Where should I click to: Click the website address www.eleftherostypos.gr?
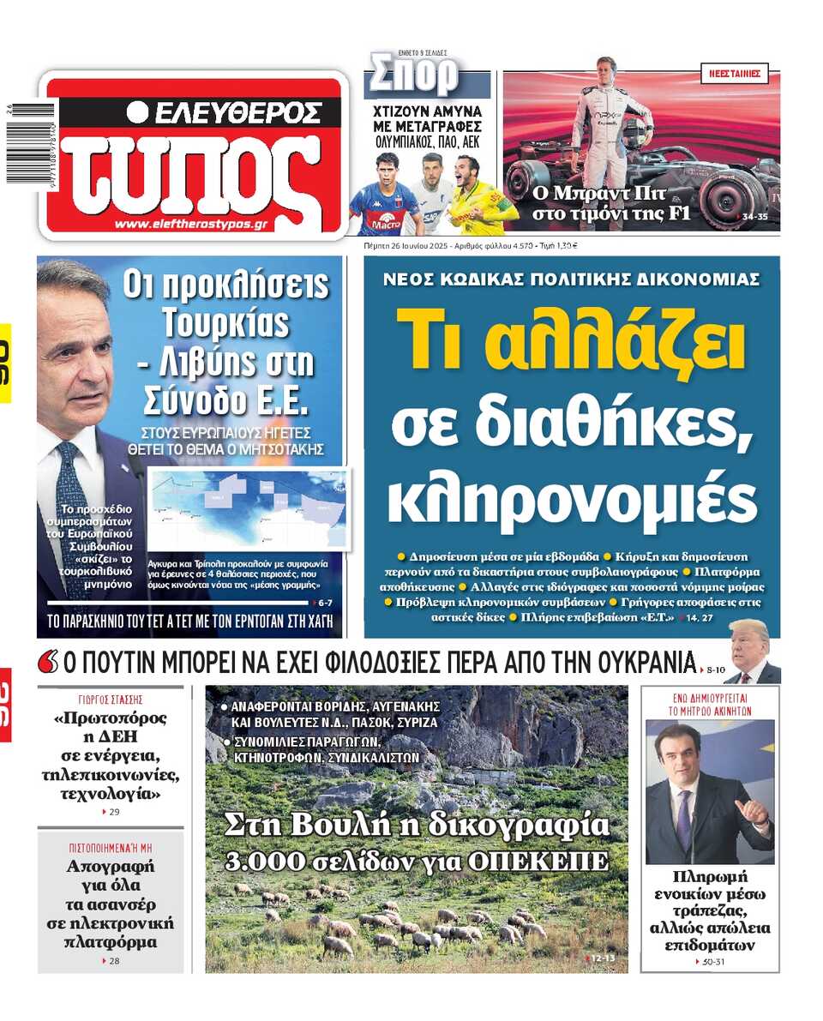click(x=191, y=225)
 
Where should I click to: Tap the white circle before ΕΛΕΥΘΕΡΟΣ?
click(x=138, y=111)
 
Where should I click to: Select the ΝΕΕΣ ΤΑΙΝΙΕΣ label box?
click(x=735, y=73)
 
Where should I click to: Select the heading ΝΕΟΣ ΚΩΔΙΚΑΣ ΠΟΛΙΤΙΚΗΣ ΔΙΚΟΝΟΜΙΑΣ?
click(x=571, y=279)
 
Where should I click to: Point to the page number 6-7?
click(x=324, y=603)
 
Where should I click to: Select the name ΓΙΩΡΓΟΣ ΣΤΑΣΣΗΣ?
click(x=110, y=699)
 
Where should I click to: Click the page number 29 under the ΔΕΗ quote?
click(x=112, y=812)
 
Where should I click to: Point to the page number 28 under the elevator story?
click(x=112, y=961)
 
